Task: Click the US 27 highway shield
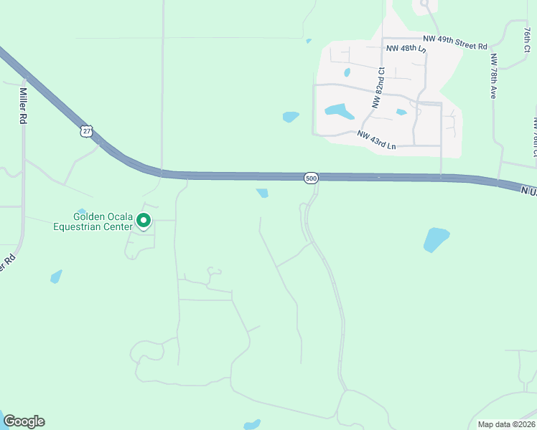point(87,131)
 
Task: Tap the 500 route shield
point(310,177)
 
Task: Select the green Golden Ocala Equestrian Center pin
point(144,221)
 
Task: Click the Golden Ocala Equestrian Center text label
point(93,221)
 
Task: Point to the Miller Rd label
point(23,107)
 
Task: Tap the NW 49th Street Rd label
point(454,44)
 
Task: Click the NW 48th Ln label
point(406,49)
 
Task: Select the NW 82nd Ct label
point(378,87)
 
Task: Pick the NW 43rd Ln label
point(376,140)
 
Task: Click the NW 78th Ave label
point(494,77)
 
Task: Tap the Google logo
point(24,421)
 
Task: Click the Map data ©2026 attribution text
point(505,424)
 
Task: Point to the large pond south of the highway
point(436,239)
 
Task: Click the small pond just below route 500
point(262,193)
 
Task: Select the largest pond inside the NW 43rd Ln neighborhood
point(339,111)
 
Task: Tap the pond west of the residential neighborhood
point(290,117)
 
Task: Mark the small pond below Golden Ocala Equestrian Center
point(56,277)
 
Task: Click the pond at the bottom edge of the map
point(251,425)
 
